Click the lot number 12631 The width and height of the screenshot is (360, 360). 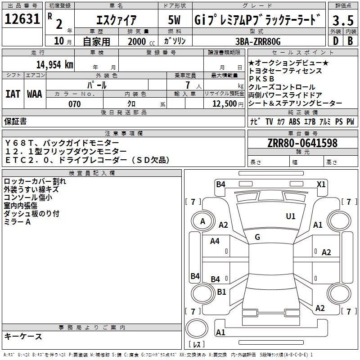point(22,19)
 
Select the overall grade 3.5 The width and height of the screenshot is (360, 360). point(343,20)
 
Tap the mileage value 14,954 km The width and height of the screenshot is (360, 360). point(54,65)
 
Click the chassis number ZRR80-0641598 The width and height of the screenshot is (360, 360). point(302,143)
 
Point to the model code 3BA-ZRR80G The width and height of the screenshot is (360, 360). point(258,41)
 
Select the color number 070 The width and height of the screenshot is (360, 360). point(75,104)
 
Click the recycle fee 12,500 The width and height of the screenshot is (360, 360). point(225,104)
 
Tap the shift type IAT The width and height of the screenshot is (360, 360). point(13,94)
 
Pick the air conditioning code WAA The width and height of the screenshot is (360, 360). point(35,94)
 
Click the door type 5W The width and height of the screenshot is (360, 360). point(174,20)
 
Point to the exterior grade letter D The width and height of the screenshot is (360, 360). point(336,41)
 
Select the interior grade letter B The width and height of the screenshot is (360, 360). point(350,41)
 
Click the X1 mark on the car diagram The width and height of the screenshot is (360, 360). point(321,184)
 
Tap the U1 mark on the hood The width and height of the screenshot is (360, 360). point(291,216)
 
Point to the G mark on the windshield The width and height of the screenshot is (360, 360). point(257,237)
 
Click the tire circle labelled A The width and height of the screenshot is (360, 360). point(203,221)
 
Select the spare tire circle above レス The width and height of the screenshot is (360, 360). point(197,328)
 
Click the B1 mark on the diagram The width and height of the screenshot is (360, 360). point(221,292)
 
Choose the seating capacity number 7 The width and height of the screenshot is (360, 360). point(188,85)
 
